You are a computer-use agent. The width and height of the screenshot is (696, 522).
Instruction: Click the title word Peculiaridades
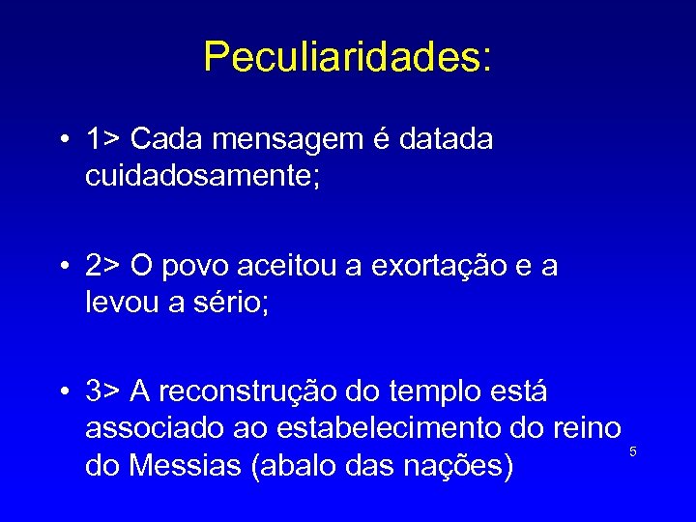click(347, 57)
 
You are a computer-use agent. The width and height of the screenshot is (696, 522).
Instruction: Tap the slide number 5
click(633, 451)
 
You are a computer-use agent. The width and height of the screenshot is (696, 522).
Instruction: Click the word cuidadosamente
click(214, 179)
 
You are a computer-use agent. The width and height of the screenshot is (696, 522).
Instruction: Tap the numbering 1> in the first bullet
click(102, 139)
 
